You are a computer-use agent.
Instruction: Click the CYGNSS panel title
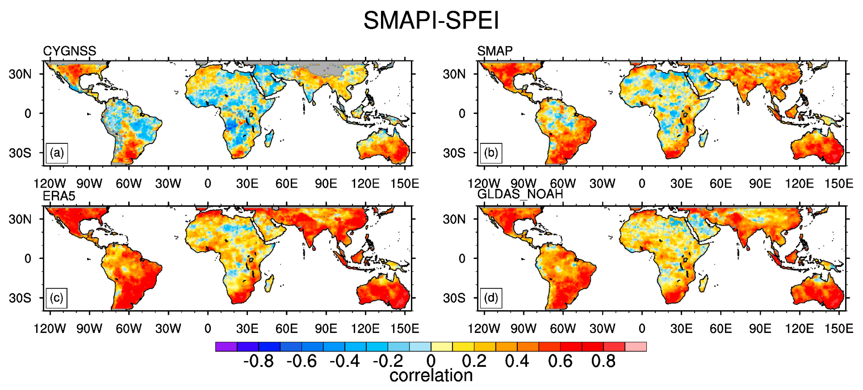(x=69, y=51)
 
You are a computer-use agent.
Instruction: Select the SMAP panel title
(x=495, y=51)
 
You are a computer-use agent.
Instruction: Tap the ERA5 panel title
(x=59, y=196)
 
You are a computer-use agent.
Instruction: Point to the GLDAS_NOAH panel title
(x=520, y=194)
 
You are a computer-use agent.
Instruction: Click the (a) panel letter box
(x=57, y=153)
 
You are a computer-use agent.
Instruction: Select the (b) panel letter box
(x=491, y=153)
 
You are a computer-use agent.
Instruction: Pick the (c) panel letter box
(x=56, y=298)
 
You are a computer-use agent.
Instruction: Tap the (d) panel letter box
(x=491, y=298)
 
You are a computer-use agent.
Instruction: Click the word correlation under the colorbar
(x=431, y=376)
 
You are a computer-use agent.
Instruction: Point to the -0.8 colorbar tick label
(x=258, y=361)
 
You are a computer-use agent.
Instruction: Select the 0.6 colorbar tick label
(x=560, y=361)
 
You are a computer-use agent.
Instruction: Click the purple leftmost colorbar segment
(x=226, y=347)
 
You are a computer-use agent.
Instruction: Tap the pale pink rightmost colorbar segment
(x=636, y=347)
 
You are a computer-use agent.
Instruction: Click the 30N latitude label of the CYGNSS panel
(x=20, y=74)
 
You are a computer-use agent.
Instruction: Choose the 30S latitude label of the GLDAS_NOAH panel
(x=454, y=298)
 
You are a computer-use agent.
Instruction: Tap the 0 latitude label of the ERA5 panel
(x=28, y=258)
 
